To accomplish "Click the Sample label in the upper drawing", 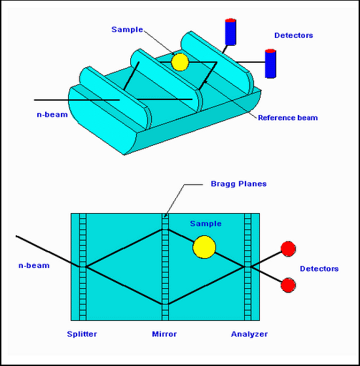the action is (x=127, y=29).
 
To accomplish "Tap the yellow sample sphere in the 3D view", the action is (x=180, y=62).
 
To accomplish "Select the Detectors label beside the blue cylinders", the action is (x=293, y=35).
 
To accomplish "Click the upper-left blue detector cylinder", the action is (x=230, y=31).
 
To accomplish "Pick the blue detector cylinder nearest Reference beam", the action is (x=271, y=64).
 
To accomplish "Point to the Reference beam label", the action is (x=288, y=118).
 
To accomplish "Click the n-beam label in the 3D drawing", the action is (x=52, y=114).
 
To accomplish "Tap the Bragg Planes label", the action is (x=238, y=184).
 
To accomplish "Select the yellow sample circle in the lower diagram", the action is (x=204, y=247).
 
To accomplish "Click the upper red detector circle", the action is (x=288, y=249).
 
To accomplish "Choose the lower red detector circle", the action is (x=288, y=285).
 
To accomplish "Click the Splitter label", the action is (x=82, y=334).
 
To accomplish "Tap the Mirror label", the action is (x=165, y=334).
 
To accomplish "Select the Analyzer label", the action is (x=249, y=334).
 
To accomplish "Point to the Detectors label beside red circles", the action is (x=319, y=269).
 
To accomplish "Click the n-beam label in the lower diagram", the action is (x=34, y=265).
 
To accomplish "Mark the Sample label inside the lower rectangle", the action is (x=205, y=224).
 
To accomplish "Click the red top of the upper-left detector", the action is (x=230, y=20).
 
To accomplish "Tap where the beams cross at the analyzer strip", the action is (x=248, y=267).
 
